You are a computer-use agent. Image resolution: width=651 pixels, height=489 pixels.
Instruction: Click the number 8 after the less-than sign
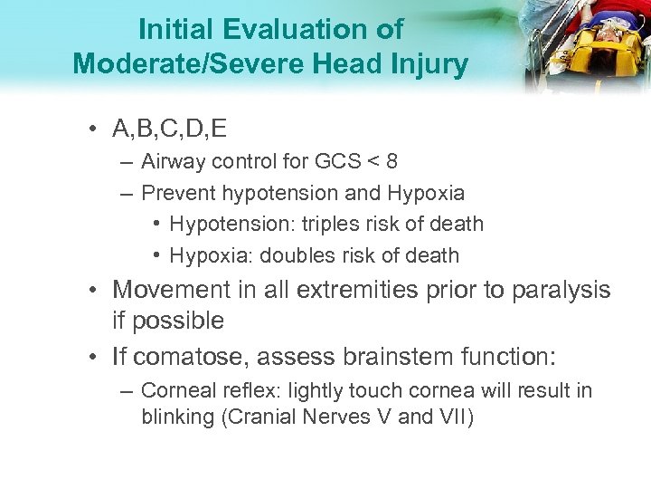point(391,162)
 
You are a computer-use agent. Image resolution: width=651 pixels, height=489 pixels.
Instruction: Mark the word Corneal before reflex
point(177,392)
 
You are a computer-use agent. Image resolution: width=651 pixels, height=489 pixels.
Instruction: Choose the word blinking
point(175,417)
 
